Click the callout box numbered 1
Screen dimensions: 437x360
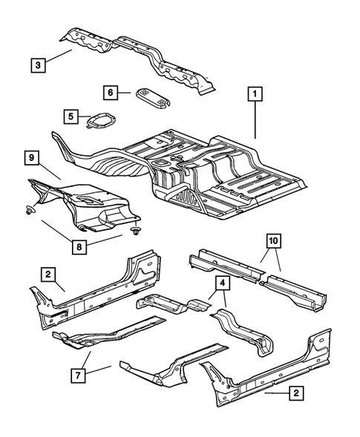coord(255,94)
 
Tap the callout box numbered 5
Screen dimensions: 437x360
coord(71,116)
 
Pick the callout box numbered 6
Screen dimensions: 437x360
coord(111,93)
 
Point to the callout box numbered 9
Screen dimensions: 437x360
coord(33,157)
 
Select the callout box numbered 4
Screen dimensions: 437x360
coord(222,283)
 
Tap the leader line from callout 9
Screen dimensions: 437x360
coord(51,171)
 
